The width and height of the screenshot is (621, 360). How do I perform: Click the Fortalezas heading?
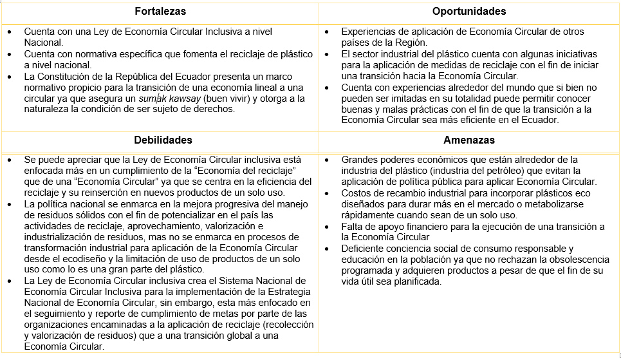160,11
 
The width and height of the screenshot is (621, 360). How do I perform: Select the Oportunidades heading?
469,11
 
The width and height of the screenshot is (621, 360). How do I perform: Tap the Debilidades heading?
163,140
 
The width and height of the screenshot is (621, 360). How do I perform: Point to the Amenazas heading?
469,140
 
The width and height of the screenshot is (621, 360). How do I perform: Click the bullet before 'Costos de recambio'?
328,193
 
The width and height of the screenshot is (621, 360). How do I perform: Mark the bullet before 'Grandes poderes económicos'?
328,160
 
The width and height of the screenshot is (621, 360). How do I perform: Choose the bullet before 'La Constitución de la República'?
10,77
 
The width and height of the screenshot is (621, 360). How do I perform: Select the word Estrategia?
286,292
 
